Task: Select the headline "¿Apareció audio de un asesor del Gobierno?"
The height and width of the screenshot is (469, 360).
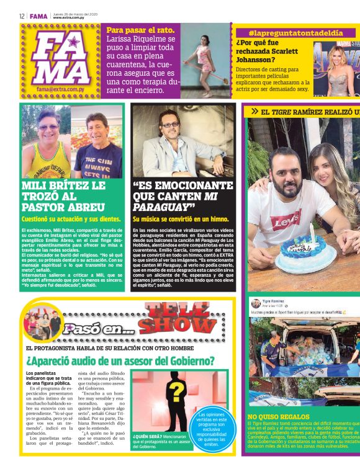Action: (120, 360)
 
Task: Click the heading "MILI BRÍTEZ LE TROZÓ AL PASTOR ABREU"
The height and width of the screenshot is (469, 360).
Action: (63, 195)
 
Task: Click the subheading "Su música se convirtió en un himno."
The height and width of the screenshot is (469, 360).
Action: (181, 219)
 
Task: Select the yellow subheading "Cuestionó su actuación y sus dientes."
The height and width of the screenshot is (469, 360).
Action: (71, 219)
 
